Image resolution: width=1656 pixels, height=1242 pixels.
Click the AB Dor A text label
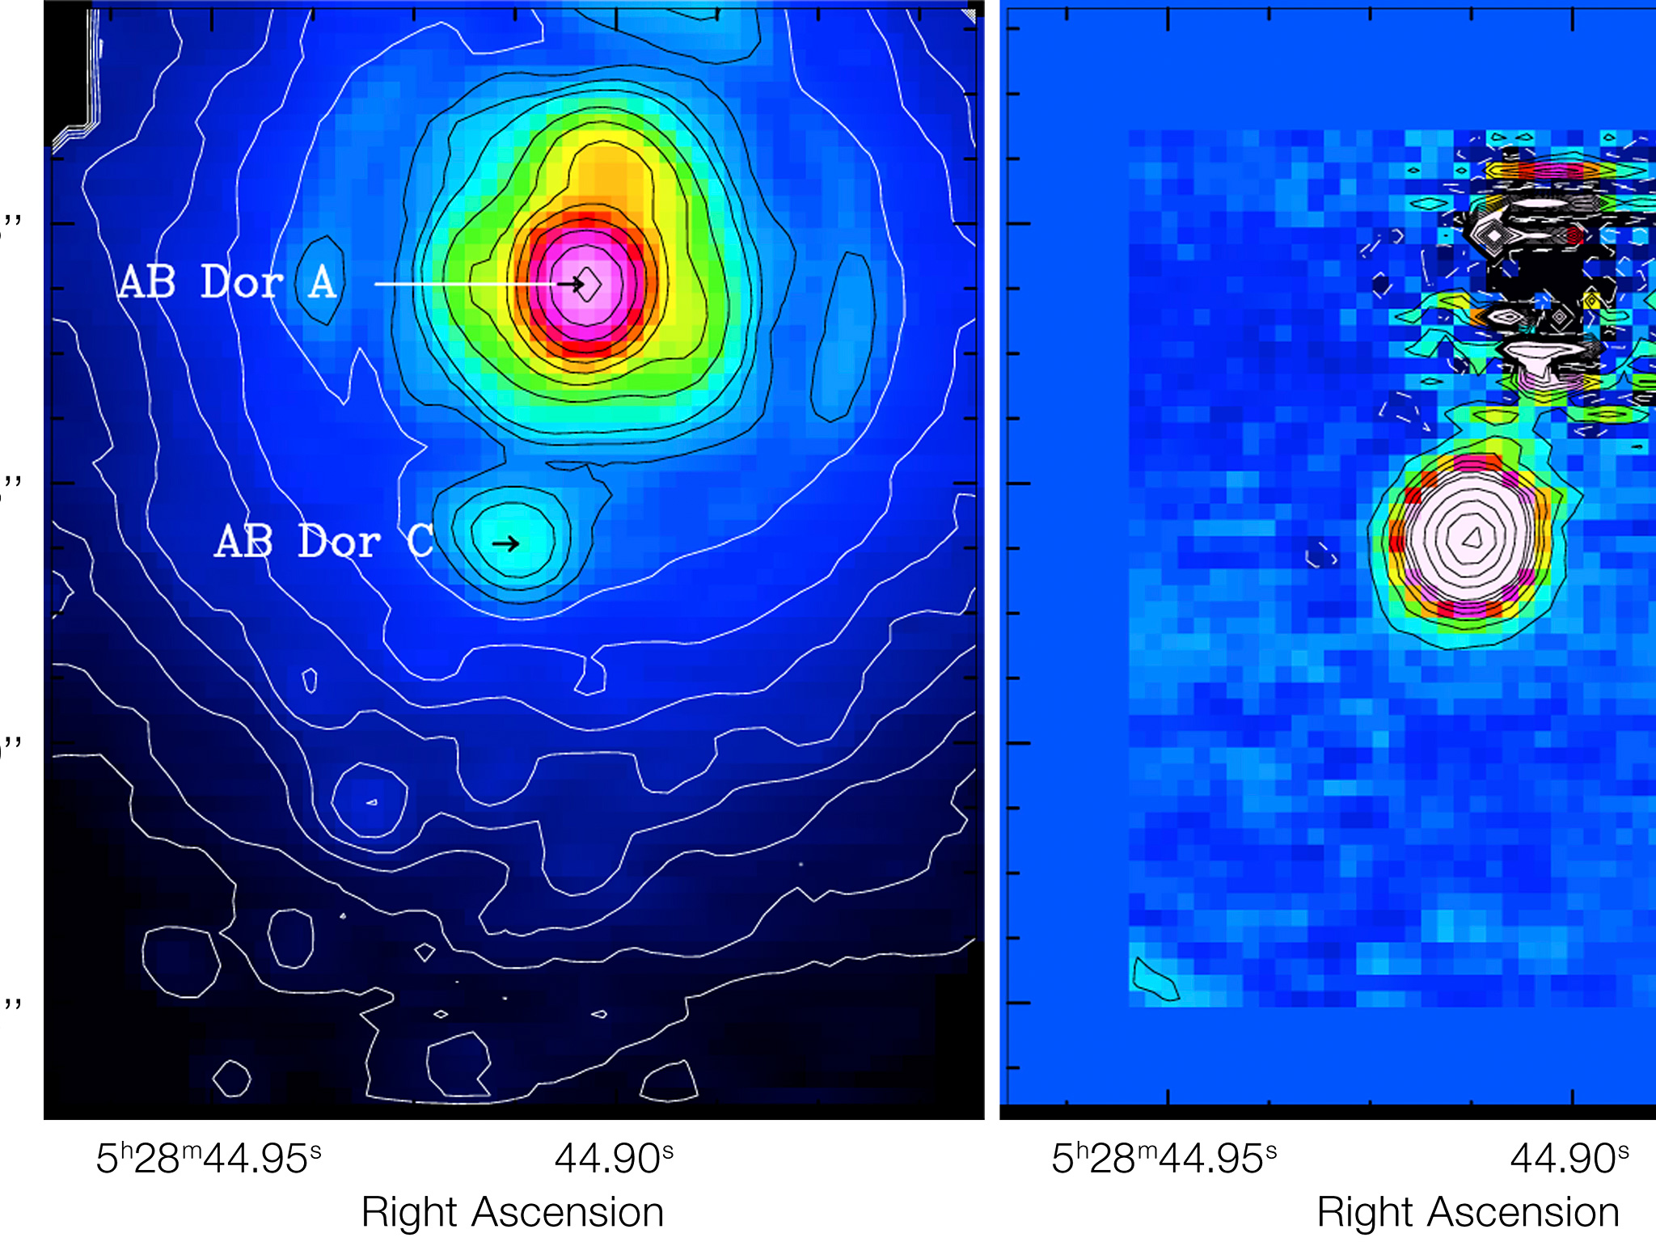[x=228, y=282]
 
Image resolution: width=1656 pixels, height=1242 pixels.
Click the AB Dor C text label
[x=324, y=542]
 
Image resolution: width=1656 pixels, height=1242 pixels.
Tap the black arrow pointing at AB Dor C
[x=506, y=543]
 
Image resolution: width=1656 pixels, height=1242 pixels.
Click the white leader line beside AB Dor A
[x=461, y=284]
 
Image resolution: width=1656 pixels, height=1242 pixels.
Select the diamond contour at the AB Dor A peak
[x=589, y=284]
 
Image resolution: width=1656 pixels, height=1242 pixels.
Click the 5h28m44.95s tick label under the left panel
[x=209, y=1159]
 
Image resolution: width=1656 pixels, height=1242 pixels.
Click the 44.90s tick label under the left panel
[x=614, y=1159]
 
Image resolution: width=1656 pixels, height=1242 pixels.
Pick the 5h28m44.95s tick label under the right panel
[x=1164, y=1159]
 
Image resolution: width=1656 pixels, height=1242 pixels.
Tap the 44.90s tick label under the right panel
[x=1569, y=1159]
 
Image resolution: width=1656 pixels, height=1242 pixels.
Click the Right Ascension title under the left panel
[x=513, y=1212]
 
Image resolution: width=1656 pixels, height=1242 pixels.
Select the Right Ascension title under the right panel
[x=1468, y=1212]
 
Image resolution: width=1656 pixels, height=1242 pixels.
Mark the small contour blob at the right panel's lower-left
[x=1155, y=981]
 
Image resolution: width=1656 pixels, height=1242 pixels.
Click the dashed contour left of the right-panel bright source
[x=1321, y=555]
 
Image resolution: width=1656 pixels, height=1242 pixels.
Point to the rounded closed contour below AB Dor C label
[x=370, y=800]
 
